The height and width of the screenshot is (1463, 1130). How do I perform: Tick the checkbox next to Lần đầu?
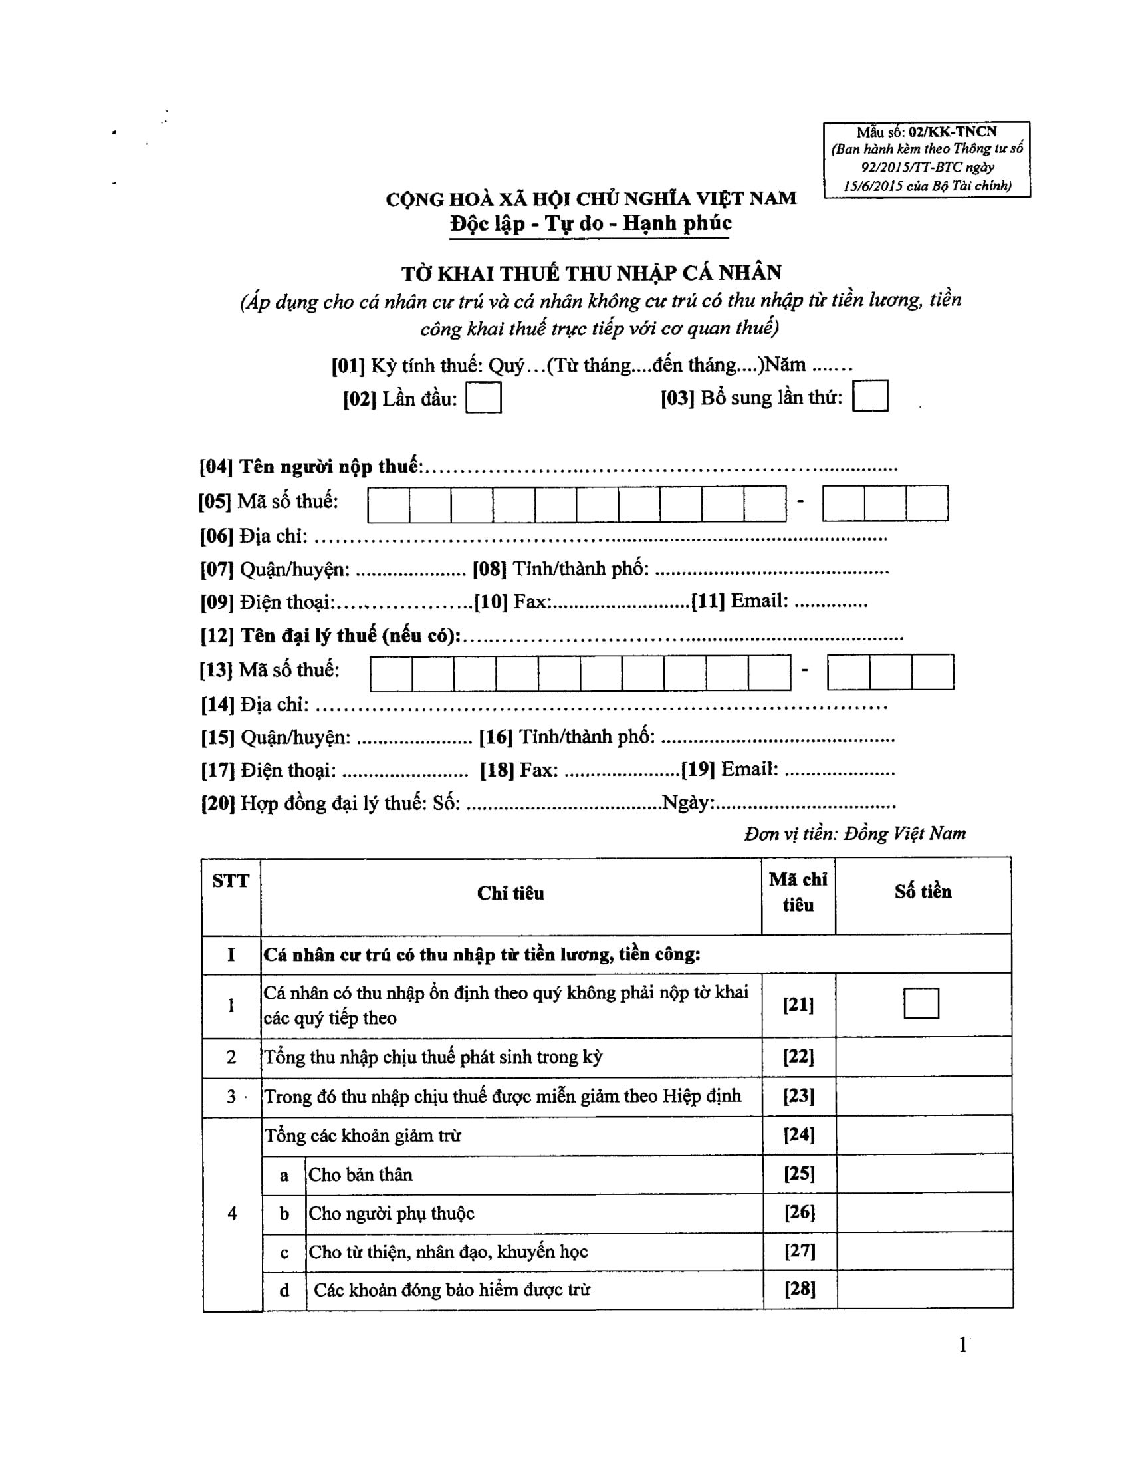tap(483, 398)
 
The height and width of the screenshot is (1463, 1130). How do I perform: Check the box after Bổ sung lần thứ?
tap(869, 396)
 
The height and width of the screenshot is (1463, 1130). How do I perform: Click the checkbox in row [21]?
tap(921, 1003)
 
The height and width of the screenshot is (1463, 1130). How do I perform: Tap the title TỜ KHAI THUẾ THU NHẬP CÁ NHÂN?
tap(591, 273)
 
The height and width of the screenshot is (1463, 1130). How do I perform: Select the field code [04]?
tap(215, 467)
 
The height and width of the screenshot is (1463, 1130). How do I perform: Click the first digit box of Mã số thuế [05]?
tap(388, 505)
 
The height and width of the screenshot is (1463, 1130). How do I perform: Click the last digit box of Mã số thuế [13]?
tap(933, 672)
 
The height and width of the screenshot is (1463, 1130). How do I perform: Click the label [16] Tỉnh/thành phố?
tap(566, 737)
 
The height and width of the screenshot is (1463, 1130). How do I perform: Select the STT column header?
tap(230, 881)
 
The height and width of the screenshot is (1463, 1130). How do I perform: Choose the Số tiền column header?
tap(923, 892)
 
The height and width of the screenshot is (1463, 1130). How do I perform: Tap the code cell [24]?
tap(798, 1134)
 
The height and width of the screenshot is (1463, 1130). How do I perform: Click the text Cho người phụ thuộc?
tap(391, 1213)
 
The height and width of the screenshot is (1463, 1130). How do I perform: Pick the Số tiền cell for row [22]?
tap(923, 1057)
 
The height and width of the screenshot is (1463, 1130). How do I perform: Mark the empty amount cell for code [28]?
tap(924, 1289)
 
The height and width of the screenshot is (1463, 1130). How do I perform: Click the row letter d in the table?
tap(284, 1290)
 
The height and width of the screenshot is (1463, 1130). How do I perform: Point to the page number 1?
tap(962, 1345)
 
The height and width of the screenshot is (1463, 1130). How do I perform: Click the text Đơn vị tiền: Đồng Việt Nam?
tap(854, 834)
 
